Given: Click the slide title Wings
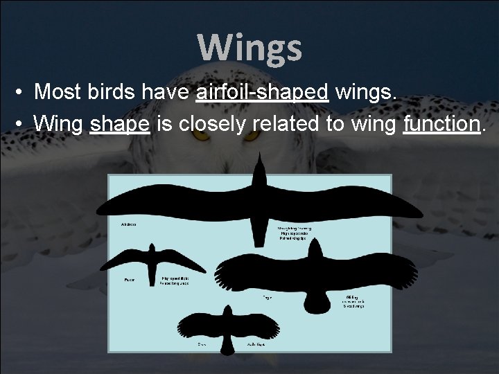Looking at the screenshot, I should (x=249, y=48).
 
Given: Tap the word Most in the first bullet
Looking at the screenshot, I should (x=58, y=92).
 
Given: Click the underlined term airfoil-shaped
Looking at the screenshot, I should (x=261, y=92).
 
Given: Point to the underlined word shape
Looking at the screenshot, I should (x=119, y=124).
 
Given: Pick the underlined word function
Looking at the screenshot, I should (x=441, y=124).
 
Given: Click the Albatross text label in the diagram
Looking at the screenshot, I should (x=128, y=224).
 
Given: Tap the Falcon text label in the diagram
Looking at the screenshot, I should (x=129, y=280).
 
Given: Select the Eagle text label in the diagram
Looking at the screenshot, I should (x=267, y=298).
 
